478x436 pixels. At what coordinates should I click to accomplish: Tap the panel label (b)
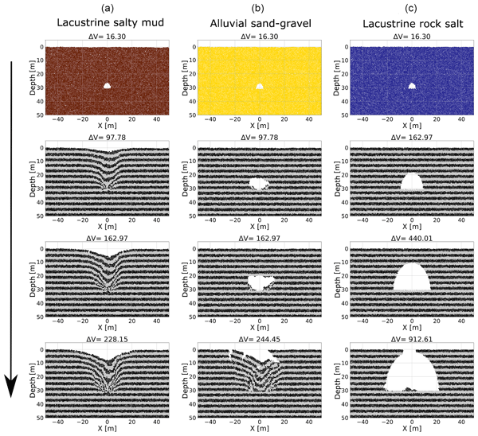(x=260, y=8)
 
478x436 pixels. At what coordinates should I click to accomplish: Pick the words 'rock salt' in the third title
(x=434, y=22)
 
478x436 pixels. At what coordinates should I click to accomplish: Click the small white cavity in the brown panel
(x=108, y=84)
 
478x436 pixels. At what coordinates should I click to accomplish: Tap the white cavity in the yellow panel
(x=260, y=85)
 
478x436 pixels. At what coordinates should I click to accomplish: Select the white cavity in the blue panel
(x=412, y=85)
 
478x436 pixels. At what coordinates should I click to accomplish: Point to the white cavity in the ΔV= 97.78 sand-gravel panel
(x=259, y=184)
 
